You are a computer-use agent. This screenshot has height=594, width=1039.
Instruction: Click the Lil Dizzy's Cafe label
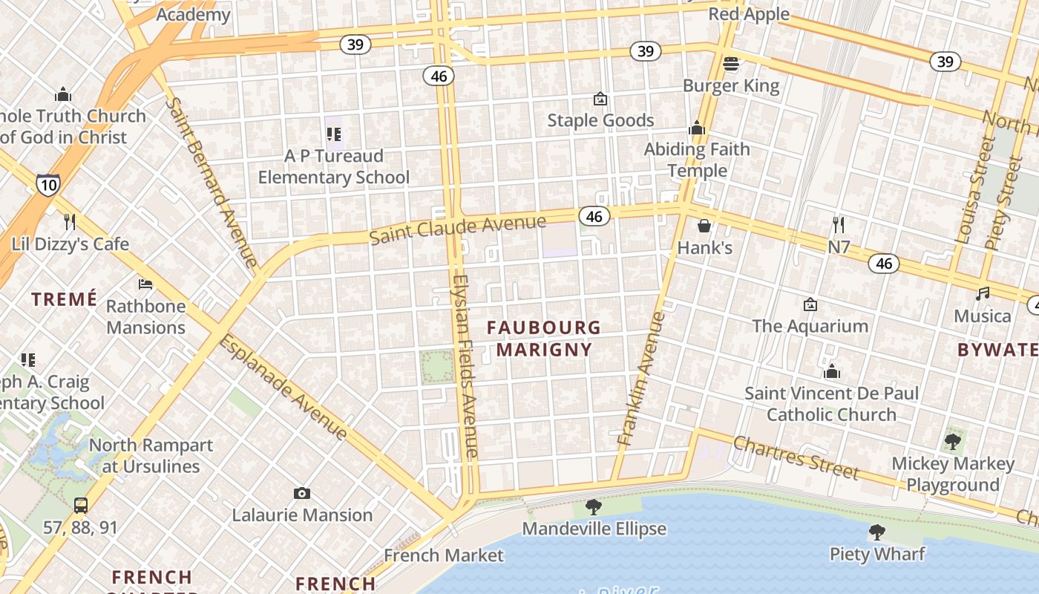(x=70, y=244)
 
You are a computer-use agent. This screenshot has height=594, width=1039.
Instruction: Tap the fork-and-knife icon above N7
(x=839, y=224)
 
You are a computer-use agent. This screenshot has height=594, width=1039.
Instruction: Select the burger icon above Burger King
(x=731, y=64)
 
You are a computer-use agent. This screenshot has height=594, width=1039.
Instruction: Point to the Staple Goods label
(x=600, y=120)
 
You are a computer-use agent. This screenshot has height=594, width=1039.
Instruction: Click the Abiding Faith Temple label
(x=697, y=160)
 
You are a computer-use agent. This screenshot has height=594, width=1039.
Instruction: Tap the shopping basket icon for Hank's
(x=704, y=226)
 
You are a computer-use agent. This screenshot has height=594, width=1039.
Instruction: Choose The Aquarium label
(x=810, y=326)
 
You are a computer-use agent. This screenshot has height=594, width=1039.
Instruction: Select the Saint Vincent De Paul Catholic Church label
(x=831, y=404)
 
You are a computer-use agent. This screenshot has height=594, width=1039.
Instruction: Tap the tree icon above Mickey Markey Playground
(x=952, y=443)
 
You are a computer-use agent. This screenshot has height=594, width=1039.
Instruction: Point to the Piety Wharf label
(x=877, y=554)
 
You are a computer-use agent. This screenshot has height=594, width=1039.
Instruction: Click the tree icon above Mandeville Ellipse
(x=593, y=507)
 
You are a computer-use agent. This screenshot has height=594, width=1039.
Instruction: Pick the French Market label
(x=443, y=555)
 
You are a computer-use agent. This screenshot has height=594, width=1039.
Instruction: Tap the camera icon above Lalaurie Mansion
(x=301, y=493)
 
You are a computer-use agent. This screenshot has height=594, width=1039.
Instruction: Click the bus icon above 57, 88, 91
(x=80, y=506)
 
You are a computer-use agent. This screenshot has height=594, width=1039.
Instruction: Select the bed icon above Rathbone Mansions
(x=145, y=284)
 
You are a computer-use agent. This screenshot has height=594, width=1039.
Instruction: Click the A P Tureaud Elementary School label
(x=333, y=166)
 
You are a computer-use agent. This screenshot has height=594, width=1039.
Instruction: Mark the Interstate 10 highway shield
(x=47, y=184)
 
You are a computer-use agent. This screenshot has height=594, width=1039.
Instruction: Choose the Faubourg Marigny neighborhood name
(x=544, y=338)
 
